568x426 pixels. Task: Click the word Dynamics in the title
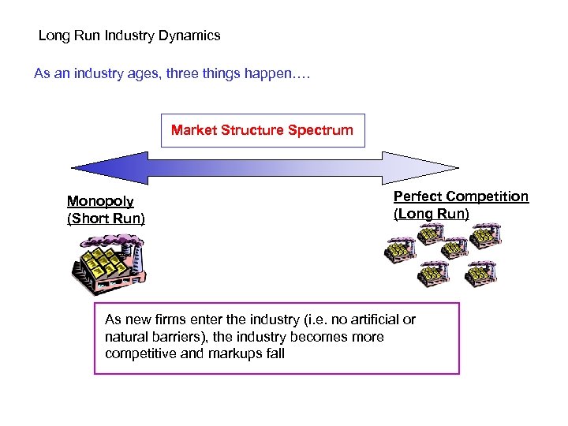192,35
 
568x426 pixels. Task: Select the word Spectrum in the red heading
319,130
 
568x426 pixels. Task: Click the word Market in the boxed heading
194,130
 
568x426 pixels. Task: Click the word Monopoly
100,201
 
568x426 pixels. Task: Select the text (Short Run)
106,218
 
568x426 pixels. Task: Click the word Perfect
418,196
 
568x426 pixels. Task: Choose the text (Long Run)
431,214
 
